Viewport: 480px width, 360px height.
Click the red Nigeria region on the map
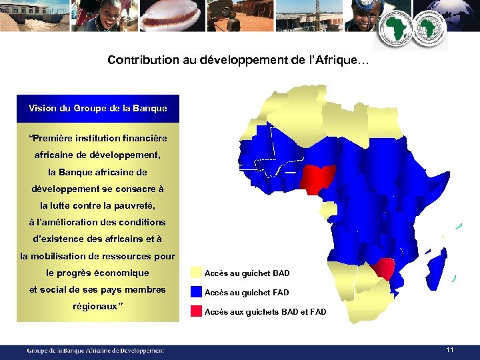(316, 177)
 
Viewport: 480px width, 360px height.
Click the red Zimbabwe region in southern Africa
(385, 268)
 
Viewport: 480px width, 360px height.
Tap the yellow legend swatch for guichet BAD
(195, 273)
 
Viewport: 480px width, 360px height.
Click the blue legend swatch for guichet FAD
(195, 291)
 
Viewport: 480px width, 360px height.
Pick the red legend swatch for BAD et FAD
(195, 311)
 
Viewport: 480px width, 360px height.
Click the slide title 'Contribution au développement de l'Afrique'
(237, 61)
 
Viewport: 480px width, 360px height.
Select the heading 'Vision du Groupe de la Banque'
(97, 108)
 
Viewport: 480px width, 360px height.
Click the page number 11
(450, 350)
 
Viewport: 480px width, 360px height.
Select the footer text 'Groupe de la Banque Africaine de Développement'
(95, 350)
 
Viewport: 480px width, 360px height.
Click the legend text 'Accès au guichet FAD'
(247, 292)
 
